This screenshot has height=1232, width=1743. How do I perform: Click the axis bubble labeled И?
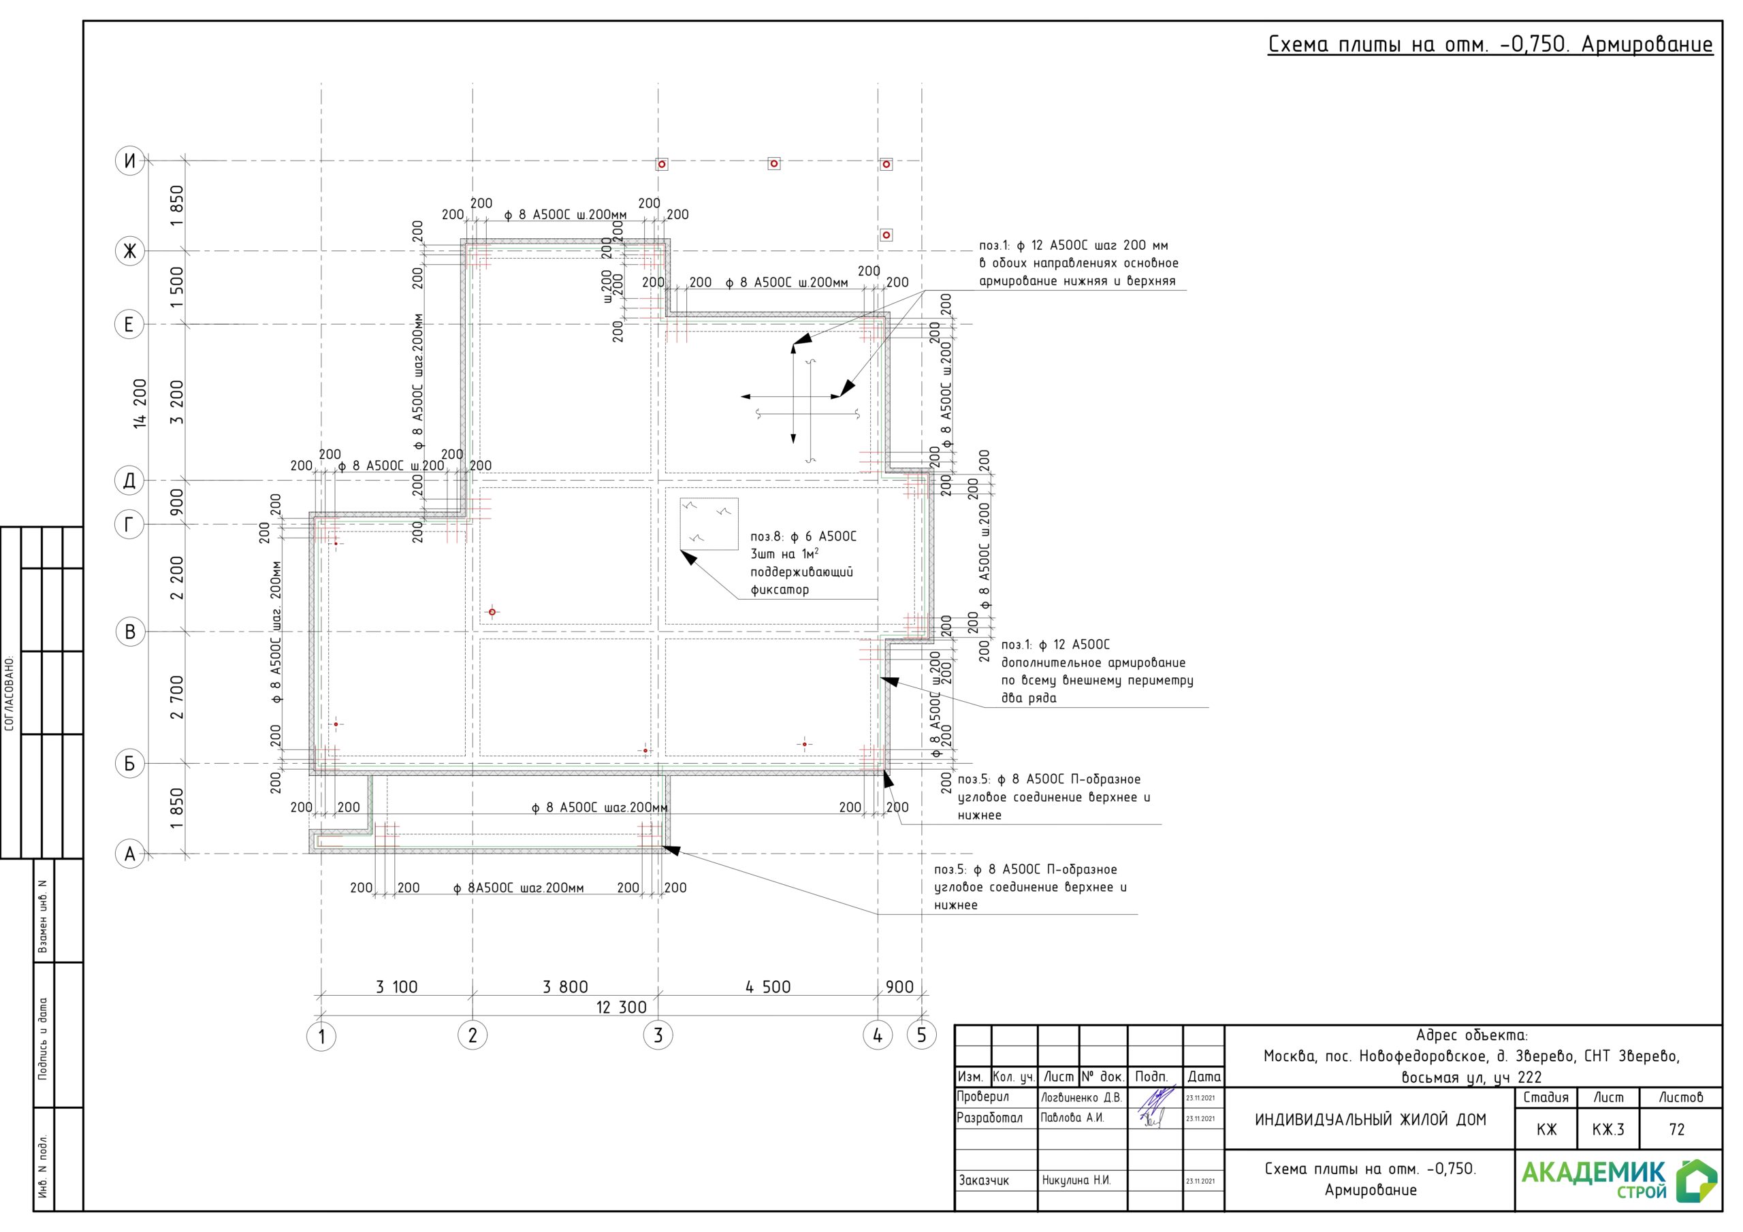(x=130, y=161)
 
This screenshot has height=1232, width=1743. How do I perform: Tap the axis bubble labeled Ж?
(x=130, y=250)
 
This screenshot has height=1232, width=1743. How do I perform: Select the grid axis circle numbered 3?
(x=658, y=1035)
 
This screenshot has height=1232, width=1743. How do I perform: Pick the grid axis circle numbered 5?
(x=922, y=1035)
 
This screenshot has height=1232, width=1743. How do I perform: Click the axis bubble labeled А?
(x=130, y=854)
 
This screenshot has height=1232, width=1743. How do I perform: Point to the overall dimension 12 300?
(x=621, y=1007)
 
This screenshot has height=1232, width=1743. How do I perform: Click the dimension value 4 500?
(x=767, y=987)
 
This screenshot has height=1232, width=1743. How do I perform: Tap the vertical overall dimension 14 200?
(x=140, y=403)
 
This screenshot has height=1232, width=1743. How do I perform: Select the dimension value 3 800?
(x=565, y=987)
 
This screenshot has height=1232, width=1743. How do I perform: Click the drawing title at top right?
(x=1490, y=44)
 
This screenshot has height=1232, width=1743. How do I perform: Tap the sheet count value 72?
(x=1677, y=1129)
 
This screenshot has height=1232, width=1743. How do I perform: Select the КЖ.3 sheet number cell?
(x=1609, y=1129)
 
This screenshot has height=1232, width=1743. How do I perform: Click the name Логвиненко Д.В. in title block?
(x=1081, y=1098)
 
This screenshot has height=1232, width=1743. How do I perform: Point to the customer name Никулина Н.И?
(x=1076, y=1180)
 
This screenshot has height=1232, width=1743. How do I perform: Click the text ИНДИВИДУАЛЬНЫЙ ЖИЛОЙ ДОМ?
(x=1371, y=1120)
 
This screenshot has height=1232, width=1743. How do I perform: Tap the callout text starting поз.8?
(x=803, y=562)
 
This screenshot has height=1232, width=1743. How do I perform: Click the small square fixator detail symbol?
(x=709, y=524)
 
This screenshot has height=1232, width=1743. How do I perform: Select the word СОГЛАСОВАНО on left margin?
(x=10, y=693)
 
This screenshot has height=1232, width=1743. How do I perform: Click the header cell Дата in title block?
(x=1204, y=1076)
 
